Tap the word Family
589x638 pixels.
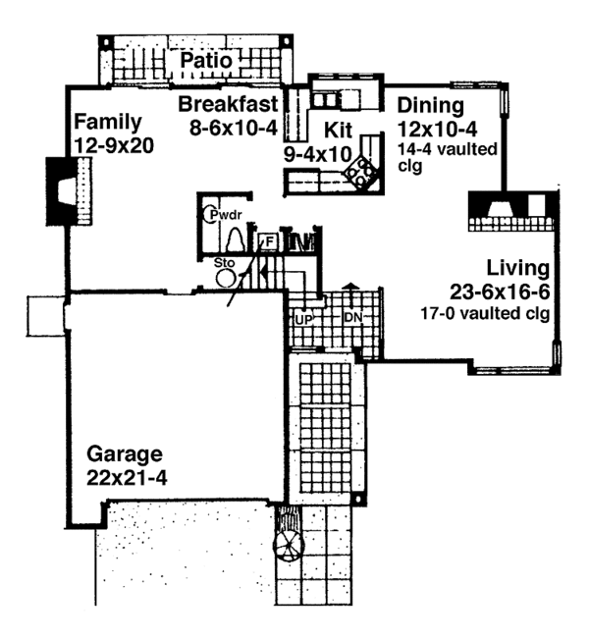[107, 123]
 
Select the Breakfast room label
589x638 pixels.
[231, 103]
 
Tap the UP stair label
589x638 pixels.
[303, 318]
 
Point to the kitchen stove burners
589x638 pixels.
[362, 172]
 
